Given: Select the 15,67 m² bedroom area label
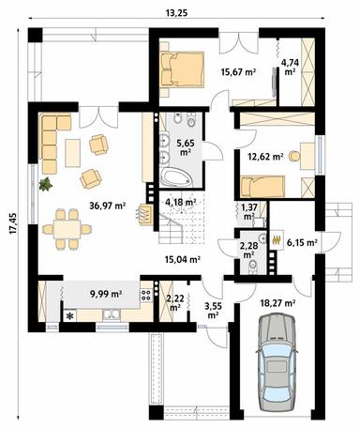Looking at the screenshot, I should point(238,73).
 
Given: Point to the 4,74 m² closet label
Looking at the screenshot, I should point(290,67).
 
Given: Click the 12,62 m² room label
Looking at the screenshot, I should point(265,157).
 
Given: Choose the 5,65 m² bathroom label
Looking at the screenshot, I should point(186,147).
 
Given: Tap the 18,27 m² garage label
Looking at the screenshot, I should point(277,304).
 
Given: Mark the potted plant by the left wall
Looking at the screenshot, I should point(44,183).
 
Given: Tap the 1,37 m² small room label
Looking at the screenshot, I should point(250,211).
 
